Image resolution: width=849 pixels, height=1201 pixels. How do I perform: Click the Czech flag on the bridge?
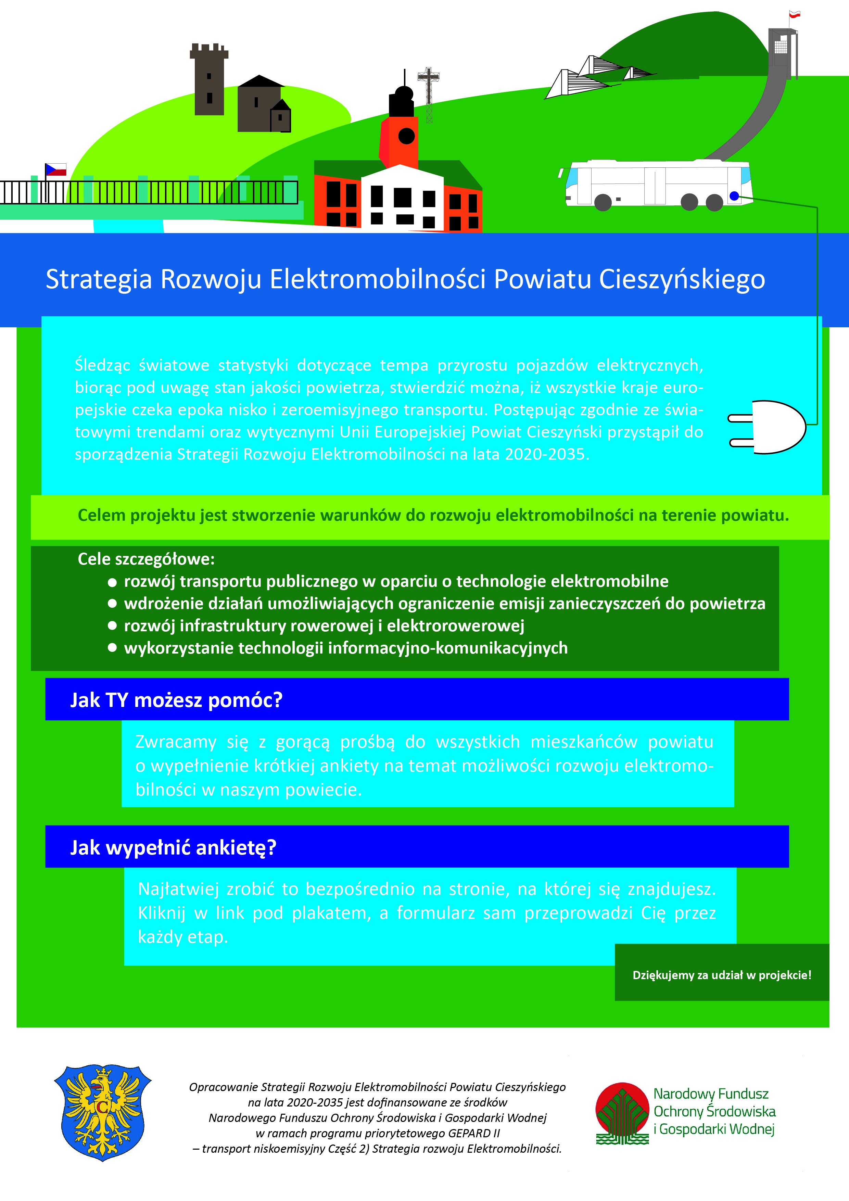[x=56, y=169]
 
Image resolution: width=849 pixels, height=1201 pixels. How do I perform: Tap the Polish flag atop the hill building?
[x=795, y=15]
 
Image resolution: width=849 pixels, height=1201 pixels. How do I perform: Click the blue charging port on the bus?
[x=734, y=196]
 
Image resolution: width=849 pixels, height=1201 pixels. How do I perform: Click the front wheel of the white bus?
[x=603, y=202]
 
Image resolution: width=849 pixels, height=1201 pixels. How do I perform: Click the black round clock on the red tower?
[x=406, y=136]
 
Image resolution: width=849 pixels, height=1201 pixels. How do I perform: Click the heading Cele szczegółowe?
[x=146, y=559]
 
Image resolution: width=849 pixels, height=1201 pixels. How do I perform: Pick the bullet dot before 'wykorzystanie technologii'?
[x=112, y=648]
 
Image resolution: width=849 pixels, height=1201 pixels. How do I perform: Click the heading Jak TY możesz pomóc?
[x=176, y=700]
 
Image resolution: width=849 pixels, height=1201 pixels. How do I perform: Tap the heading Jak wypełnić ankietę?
[x=173, y=847]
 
